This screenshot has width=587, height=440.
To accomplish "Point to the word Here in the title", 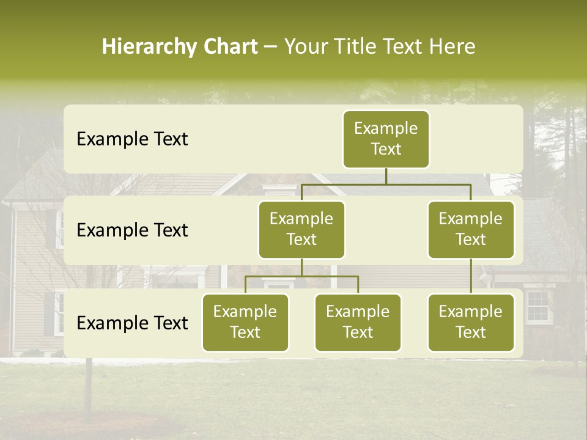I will click(451, 47).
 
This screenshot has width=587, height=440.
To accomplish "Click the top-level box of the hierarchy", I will click(386, 139).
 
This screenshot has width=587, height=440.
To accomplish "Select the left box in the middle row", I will click(301, 230).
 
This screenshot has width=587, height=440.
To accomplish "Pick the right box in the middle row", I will click(471, 230).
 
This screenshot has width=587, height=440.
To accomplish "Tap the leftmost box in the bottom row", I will click(245, 323).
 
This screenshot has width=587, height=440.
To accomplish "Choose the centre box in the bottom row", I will click(358, 323).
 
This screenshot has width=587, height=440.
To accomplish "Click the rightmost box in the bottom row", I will click(471, 323).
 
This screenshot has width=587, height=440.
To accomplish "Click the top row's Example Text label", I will click(132, 139).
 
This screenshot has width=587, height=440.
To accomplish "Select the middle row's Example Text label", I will click(132, 230).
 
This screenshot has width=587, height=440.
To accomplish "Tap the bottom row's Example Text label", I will click(132, 323).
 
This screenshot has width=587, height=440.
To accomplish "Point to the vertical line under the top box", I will click(386, 176).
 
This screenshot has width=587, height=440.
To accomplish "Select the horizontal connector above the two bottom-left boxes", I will click(301, 276).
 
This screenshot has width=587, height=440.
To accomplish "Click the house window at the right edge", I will click(537, 307).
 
